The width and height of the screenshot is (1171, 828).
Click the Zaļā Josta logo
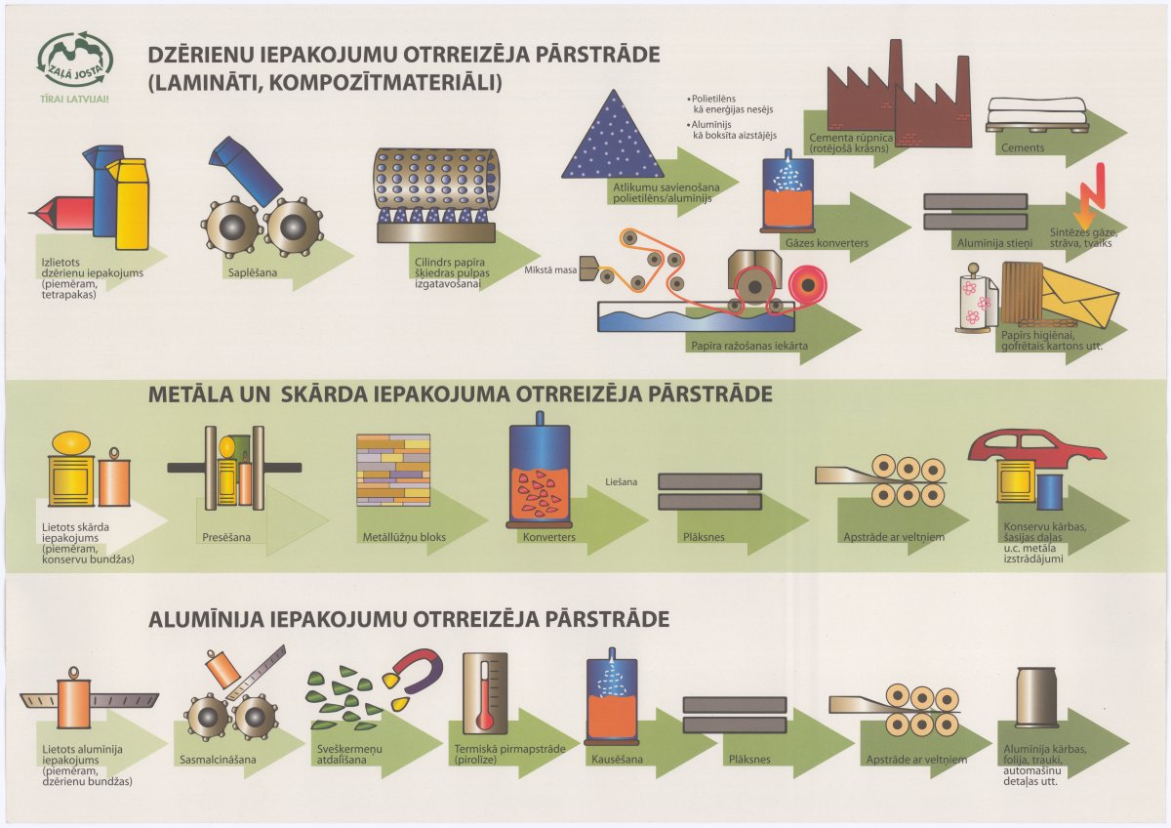click(x=75, y=64)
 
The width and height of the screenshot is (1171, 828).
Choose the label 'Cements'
click(x=1023, y=148)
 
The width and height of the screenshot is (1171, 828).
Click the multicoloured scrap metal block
click(x=393, y=470)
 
